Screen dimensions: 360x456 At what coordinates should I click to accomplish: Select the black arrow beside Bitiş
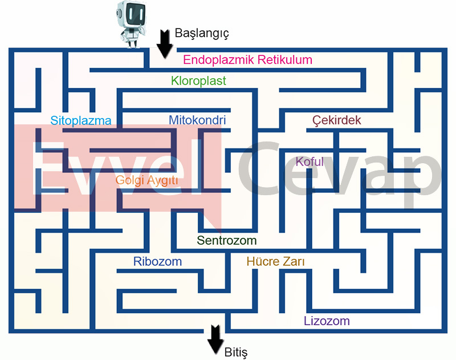coord(215,340)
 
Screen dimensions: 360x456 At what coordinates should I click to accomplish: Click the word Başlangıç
coord(202,33)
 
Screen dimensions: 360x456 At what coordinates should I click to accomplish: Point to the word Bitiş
coord(236,351)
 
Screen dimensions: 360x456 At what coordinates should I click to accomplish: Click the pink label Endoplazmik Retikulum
coord(248,60)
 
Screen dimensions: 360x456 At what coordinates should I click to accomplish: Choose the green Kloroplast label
coord(199,81)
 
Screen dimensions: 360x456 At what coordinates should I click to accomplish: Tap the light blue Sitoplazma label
coord(80,120)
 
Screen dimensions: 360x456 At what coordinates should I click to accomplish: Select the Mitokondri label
coord(197,120)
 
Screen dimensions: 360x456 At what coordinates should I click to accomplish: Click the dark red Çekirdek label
coord(337,120)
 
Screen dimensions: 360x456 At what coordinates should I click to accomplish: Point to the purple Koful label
coord(310,161)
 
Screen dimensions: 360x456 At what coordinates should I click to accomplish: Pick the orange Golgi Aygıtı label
coord(147,180)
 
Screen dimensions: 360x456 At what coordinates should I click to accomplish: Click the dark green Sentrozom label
coord(227,240)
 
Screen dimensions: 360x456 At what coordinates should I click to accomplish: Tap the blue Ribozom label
coord(158,262)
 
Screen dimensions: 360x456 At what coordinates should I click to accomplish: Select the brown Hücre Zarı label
coord(276,262)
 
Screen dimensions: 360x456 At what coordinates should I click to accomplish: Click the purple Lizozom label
coord(327,321)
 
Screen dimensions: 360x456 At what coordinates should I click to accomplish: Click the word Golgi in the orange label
coord(128,180)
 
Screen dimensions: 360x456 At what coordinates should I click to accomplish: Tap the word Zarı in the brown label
coord(294,262)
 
